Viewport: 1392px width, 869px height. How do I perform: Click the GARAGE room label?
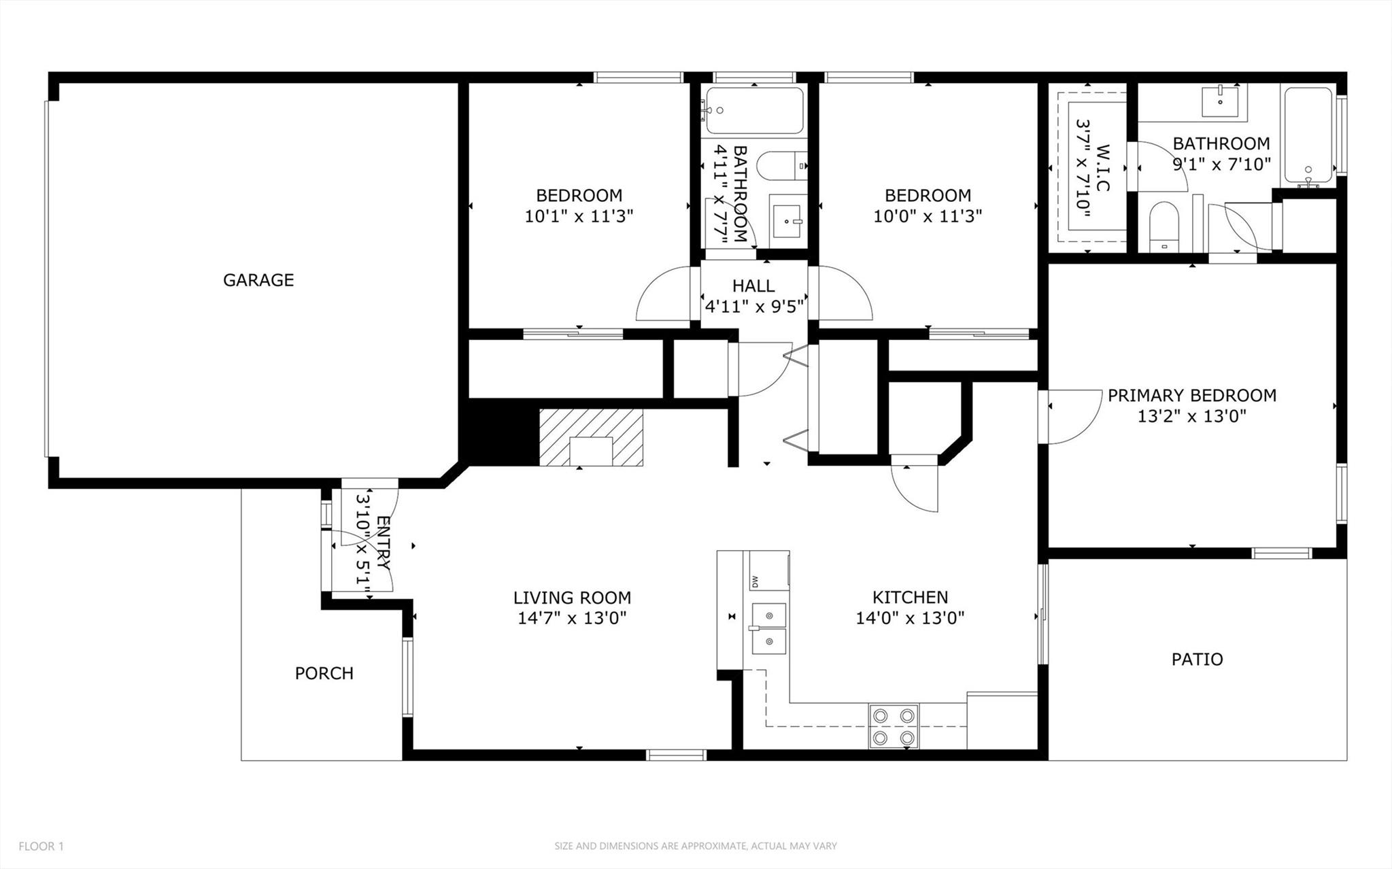258,279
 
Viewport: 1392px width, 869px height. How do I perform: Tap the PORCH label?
324,673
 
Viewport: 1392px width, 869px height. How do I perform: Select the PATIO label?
1197,659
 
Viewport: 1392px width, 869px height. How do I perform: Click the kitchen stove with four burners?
894,726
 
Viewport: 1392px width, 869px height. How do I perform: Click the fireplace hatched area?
590,437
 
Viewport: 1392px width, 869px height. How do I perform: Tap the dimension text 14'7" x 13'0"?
571,618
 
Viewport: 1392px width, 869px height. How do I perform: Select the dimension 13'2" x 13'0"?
1191,416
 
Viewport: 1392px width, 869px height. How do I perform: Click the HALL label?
753,286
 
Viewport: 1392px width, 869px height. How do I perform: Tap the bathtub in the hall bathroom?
754,110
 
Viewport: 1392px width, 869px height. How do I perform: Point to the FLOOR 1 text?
41,847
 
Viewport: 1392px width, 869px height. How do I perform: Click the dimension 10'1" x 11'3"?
579,217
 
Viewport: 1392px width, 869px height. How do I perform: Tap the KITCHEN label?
910,597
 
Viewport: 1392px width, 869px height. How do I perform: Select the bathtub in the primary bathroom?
1308,136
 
